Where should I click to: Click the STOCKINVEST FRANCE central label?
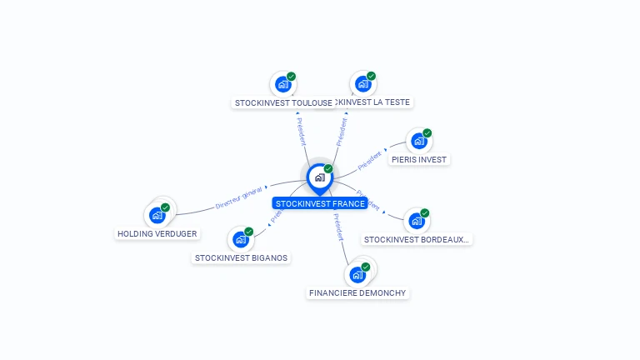(320, 203)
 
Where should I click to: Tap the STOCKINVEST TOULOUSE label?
(283, 102)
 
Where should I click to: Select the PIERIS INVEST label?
(418, 159)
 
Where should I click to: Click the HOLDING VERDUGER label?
(157, 233)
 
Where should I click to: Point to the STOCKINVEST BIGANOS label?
(241, 257)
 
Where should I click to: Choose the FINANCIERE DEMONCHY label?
(357, 293)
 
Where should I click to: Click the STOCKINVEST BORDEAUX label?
(417, 239)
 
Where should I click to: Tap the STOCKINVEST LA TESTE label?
(374, 102)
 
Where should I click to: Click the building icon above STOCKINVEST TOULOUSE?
(282, 84)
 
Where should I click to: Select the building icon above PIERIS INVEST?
(418, 141)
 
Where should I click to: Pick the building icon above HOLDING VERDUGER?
(157, 215)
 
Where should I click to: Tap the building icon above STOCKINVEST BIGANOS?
(240, 239)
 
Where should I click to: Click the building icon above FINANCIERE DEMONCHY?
(357, 275)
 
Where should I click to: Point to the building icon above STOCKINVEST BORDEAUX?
(416, 221)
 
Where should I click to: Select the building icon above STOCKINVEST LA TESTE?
(362, 83)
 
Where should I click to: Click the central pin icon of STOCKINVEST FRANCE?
(319, 177)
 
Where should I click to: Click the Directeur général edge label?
(239, 197)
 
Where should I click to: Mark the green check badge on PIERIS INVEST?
(427, 133)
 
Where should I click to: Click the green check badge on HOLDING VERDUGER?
(165, 207)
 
